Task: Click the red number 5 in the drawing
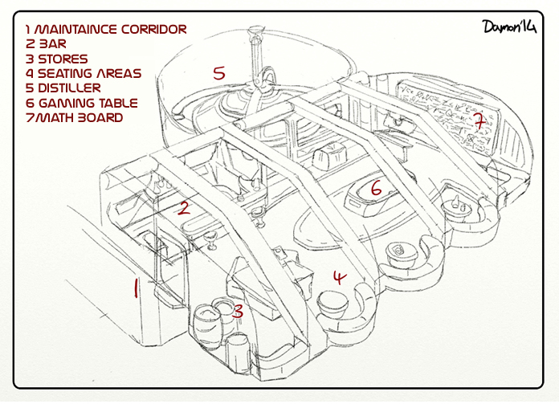pos(218,72)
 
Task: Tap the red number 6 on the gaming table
pos(375,189)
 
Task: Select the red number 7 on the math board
pos(479,122)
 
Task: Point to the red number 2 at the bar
pos(184,209)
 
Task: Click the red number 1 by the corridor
pos(136,288)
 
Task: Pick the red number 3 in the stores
pos(238,311)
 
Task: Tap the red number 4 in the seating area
pos(340,278)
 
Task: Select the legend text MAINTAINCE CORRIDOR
pos(112,30)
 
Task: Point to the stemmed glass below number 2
pos(211,239)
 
